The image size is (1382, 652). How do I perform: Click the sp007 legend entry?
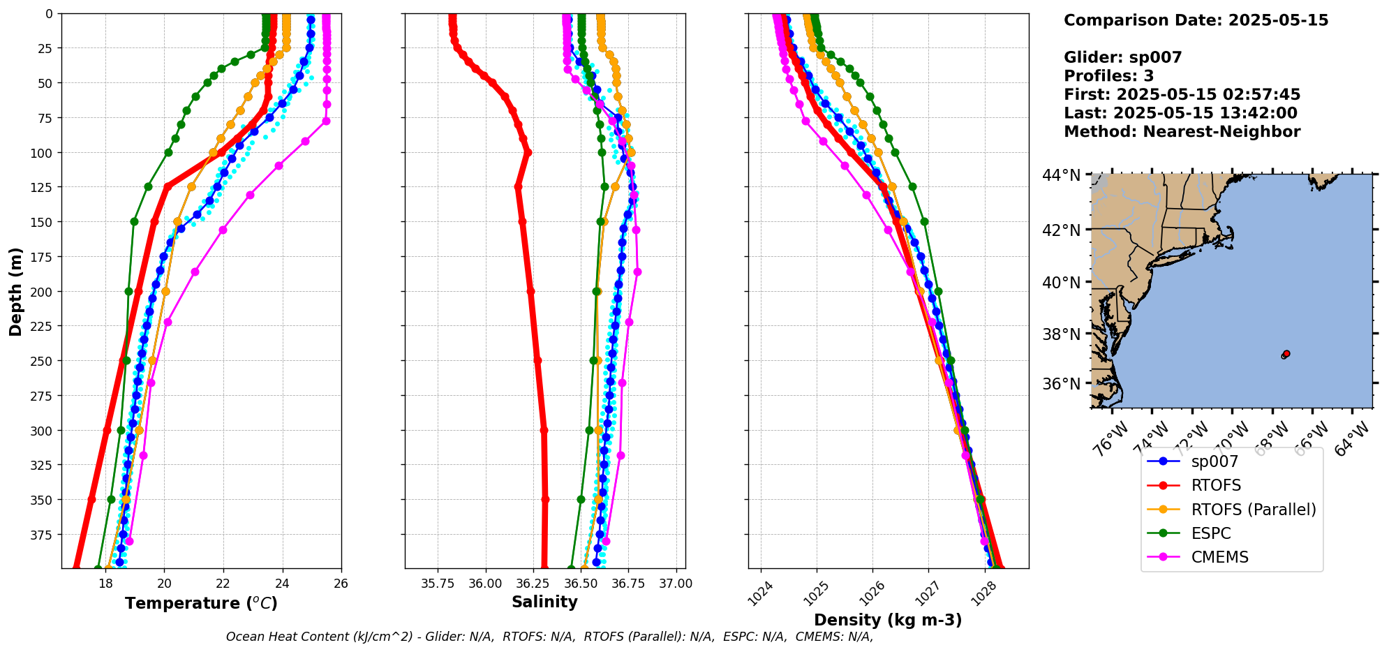(x=1214, y=461)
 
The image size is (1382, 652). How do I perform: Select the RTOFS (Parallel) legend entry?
(x=1253, y=510)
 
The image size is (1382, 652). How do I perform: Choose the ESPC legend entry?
(x=1210, y=533)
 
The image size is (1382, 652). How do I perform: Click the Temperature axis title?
(x=201, y=603)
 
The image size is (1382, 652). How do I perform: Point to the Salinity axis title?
(x=544, y=602)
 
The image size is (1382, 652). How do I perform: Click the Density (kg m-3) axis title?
(x=888, y=620)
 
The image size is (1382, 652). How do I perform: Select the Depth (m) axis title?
(x=15, y=291)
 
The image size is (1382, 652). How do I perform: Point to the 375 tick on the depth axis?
(x=43, y=535)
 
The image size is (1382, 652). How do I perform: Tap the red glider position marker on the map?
(x=1286, y=354)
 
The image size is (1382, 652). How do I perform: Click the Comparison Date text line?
(x=1196, y=20)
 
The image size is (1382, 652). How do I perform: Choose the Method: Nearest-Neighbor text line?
(x=1182, y=132)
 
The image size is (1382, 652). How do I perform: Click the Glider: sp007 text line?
(x=1122, y=57)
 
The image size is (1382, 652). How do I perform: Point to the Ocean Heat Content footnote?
(x=549, y=637)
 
